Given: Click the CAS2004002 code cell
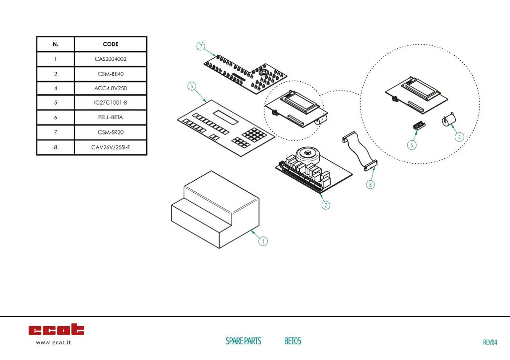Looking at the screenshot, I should pyautogui.click(x=111, y=59).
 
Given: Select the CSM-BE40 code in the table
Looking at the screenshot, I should pyautogui.click(x=111, y=74).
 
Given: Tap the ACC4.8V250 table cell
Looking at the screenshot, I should pyautogui.click(x=111, y=89).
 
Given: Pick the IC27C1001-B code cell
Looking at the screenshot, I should pyautogui.click(x=111, y=103).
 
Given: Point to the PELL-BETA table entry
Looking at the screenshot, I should pyautogui.click(x=111, y=118).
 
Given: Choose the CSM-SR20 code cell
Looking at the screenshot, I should pyautogui.click(x=111, y=132).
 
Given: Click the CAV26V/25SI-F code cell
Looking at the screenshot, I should pyautogui.click(x=111, y=147).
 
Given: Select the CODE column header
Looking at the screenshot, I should pyautogui.click(x=111, y=44).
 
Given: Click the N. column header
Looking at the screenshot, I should pyautogui.click(x=55, y=44).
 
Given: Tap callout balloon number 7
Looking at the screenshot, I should pyautogui.click(x=200, y=47).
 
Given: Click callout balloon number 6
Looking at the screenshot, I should pyautogui.click(x=191, y=86).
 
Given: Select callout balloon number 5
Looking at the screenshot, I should pyautogui.click(x=411, y=145).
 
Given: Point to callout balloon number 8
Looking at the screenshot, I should pyautogui.click(x=370, y=185).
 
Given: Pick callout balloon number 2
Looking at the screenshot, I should pyautogui.click(x=326, y=205).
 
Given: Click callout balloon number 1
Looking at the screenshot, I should pyautogui.click(x=263, y=241).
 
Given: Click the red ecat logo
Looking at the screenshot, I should pyautogui.click(x=56, y=330).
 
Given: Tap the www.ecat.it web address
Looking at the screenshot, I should pyautogui.click(x=53, y=343).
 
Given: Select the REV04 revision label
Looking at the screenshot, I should pyautogui.click(x=490, y=342).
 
